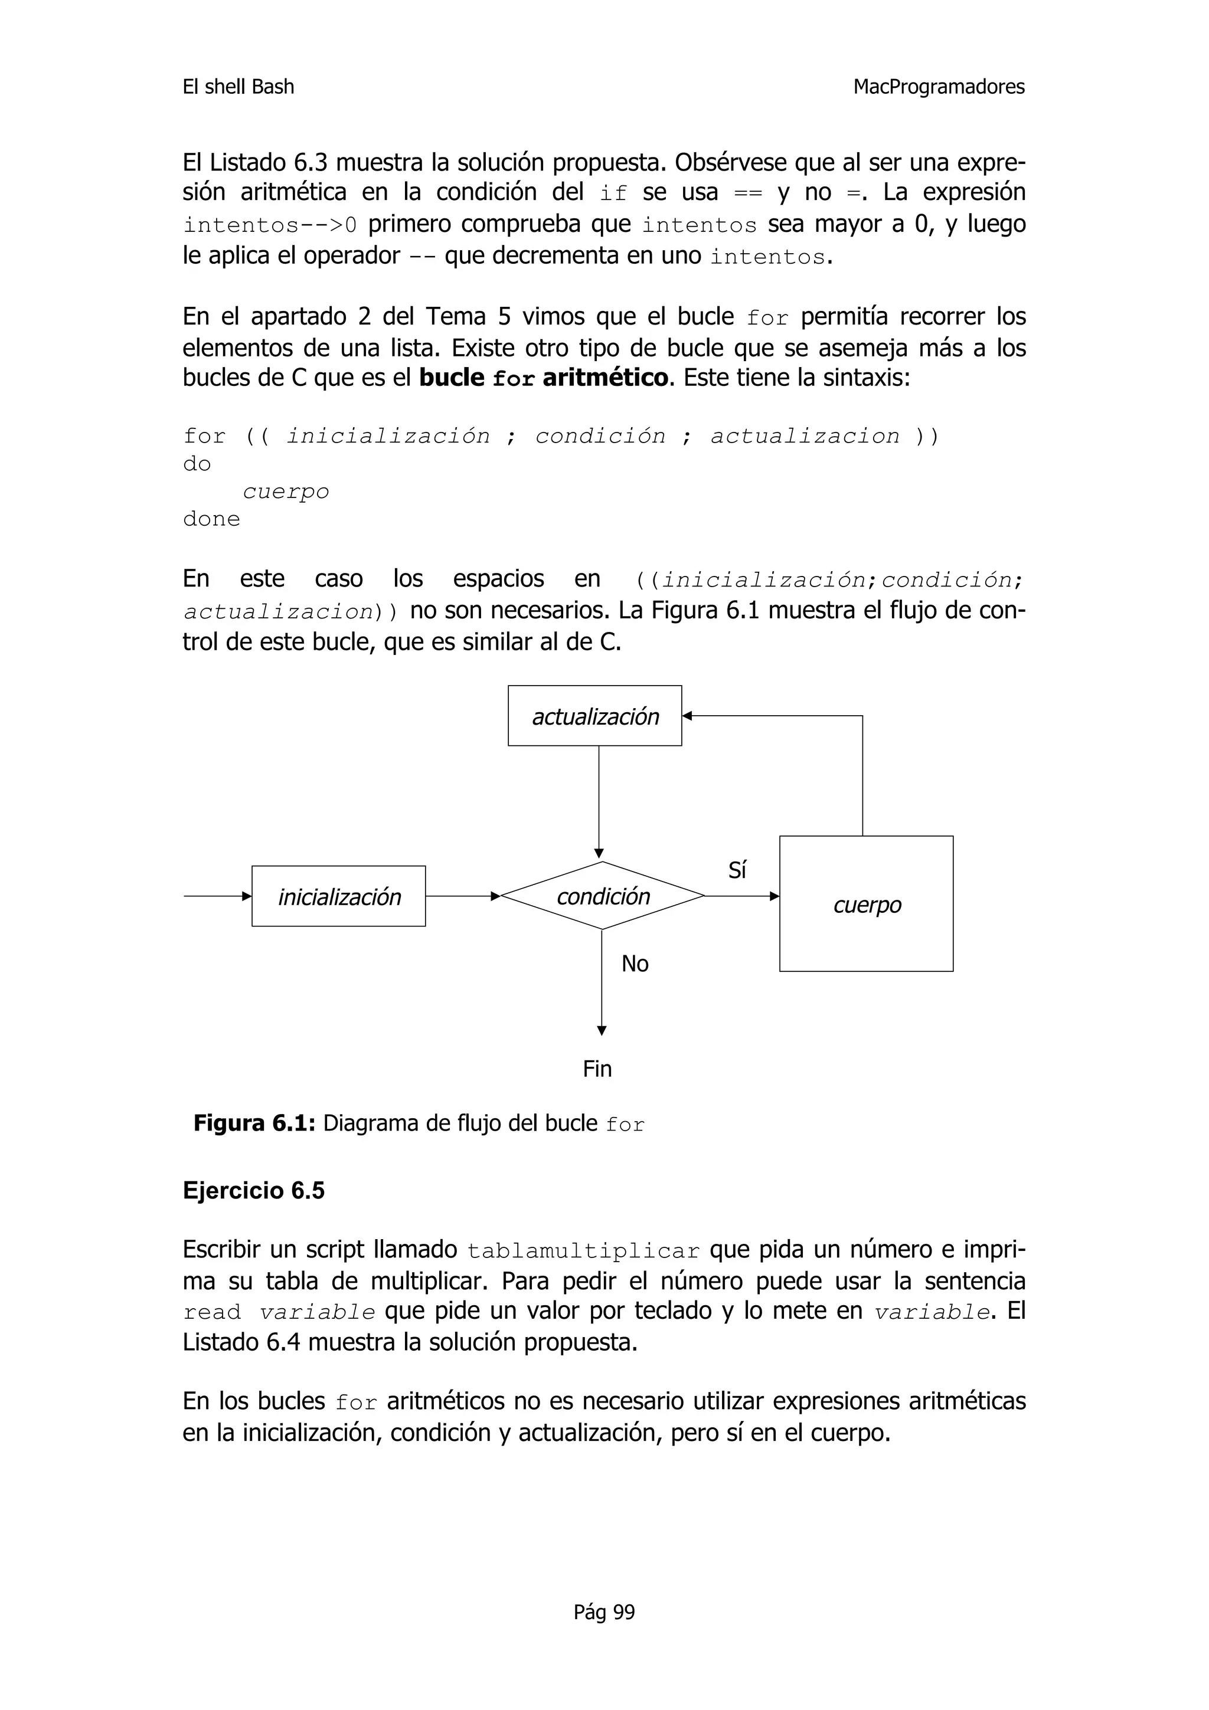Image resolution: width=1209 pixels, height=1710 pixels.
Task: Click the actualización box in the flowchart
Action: [594, 716]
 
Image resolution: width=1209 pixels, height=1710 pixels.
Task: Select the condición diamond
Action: [603, 896]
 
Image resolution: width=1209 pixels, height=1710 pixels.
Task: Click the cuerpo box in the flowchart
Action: [867, 904]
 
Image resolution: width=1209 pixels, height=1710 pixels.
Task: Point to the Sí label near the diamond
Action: [737, 870]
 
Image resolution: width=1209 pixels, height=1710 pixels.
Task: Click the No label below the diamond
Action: [635, 964]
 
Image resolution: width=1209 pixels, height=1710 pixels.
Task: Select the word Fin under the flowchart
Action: [597, 1069]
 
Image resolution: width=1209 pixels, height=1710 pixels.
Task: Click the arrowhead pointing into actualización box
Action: [687, 716]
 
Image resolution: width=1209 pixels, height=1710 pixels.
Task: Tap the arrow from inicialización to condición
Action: [462, 896]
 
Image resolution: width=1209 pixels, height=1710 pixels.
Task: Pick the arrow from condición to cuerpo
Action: [741, 896]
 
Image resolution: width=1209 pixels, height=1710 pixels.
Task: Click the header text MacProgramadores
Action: [939, 87]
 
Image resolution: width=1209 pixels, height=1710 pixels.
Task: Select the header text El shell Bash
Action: [238, 87]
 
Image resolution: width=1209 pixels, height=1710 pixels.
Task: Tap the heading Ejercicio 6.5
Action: [254, 1190]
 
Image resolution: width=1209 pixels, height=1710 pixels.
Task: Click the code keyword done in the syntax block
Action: [211, 519]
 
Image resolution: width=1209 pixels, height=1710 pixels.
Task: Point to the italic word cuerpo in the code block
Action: [286, 492]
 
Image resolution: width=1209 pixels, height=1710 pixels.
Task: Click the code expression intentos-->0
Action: [270, 225]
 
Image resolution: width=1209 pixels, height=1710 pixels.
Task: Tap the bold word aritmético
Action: [605, 378]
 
